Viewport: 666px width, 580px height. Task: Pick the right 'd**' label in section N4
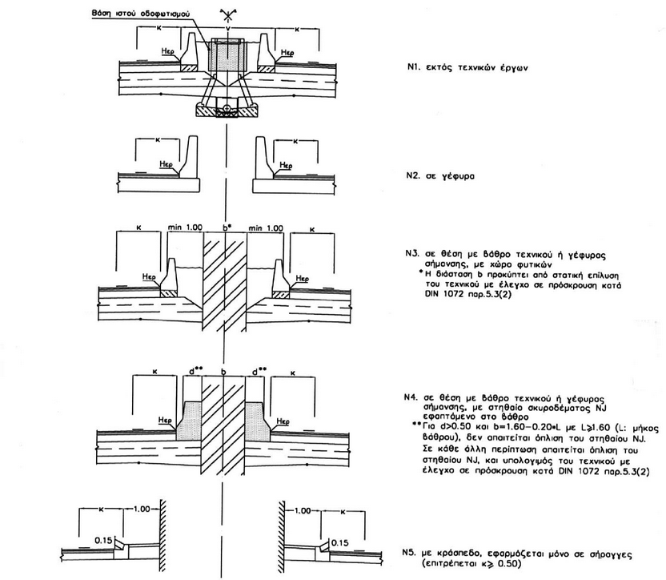point(258,373)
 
